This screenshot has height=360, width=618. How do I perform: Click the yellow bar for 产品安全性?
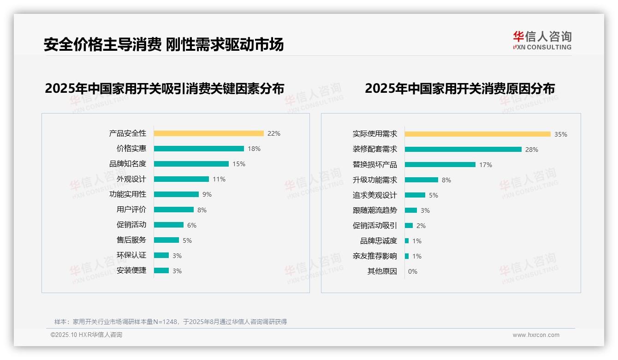pos(208,133)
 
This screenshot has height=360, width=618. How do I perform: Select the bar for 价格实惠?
pos(199,149)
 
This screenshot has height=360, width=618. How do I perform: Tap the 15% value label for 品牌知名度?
pos(239,164)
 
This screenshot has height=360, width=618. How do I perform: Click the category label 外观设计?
pos(131,179)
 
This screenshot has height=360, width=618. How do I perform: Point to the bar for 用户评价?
pos(174,210)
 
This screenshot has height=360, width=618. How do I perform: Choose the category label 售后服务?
pos(131,240)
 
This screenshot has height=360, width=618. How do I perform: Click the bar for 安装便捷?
pos(161,270)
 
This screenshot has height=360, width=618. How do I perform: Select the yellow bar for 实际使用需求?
pos(477,134)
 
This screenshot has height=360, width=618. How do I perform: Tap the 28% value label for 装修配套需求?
pos(531,150)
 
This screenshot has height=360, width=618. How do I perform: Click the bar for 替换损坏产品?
pos(440,165)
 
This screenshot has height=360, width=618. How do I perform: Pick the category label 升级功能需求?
pos(374,180)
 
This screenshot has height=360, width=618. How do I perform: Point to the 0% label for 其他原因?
pos(412,271)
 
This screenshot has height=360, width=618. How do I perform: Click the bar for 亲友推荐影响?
pos(407,256)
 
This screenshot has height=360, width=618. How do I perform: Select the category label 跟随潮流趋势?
pos(374,210)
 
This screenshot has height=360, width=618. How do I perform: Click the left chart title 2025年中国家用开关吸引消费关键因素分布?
pos(164,88)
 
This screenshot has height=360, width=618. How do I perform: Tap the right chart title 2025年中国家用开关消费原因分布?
pos(459,88)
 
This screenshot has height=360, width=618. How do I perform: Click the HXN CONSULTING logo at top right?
pos(542,41)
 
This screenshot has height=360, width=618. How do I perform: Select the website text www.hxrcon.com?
pos(535,335)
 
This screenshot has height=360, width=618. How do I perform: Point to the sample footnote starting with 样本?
pos(170,322)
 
